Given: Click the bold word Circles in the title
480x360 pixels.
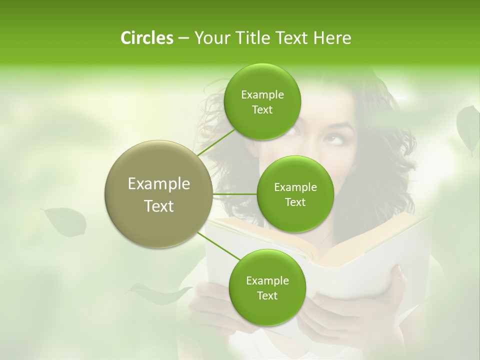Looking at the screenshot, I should [146, 38].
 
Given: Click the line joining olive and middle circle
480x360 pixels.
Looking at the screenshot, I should [234, 194].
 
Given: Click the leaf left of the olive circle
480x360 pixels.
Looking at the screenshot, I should [65, 221].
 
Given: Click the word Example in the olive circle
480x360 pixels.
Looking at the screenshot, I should [158, 184].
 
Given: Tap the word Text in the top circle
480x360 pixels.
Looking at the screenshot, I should [262, 110].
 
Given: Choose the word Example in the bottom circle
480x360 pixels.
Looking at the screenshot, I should [267, 280].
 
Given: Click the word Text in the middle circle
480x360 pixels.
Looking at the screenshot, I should [295, 202].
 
